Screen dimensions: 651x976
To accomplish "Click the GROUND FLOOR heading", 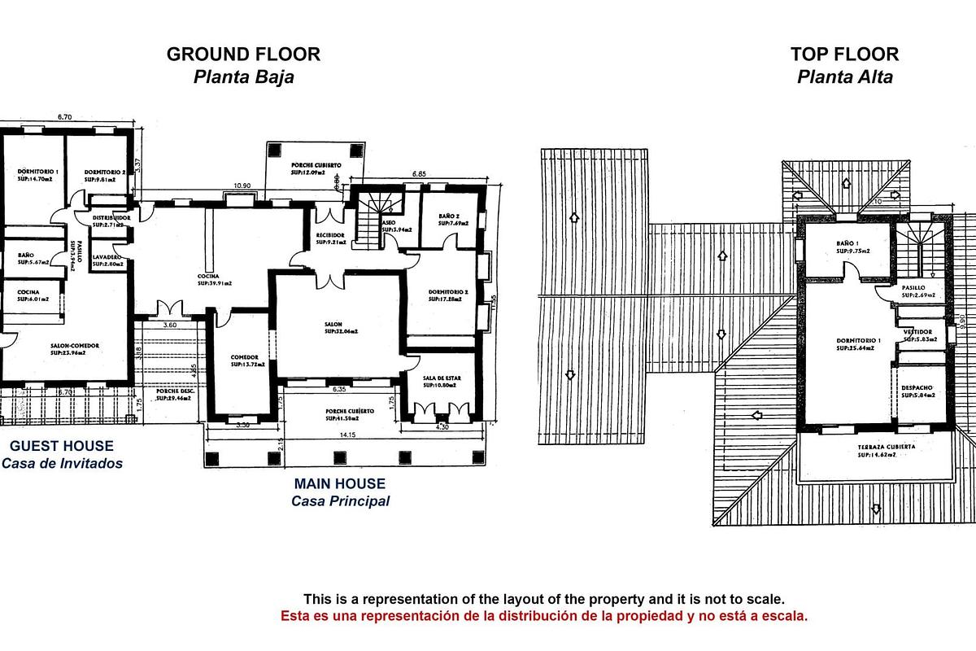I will click(243, 55).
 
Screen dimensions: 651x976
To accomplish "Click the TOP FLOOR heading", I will click(844, 55).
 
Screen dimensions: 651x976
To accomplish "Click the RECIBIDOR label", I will click(332, 238).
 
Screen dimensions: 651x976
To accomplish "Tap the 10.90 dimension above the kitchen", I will click(242, 186).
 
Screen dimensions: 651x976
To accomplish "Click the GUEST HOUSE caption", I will click(62, 446).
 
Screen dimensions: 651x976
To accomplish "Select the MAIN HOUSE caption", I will click(340, 483).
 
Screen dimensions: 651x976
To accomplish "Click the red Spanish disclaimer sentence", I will click(544, 616).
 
